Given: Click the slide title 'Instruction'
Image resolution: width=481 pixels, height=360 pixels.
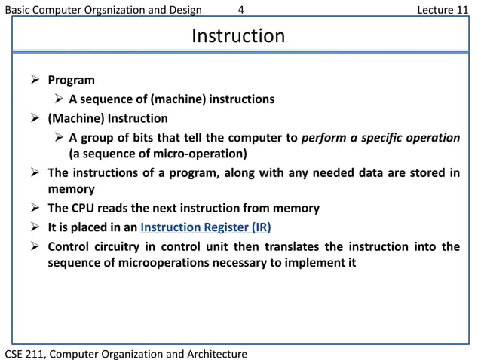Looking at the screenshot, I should [x=238, y=36].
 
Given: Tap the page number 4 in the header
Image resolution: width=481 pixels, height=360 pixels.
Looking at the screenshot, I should [x=240, y=10].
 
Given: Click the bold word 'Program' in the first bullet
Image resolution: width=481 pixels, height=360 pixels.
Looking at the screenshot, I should [x=72, y=80].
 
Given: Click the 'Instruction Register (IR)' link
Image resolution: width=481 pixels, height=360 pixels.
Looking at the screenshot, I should [x=206, y=227].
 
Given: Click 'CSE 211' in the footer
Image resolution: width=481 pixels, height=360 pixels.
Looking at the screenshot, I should [x=26, y=352].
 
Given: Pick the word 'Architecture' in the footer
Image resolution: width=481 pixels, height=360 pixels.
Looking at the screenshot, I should [x=214, y=352].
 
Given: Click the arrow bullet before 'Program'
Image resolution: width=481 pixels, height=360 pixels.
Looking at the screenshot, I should [x=35, y=80].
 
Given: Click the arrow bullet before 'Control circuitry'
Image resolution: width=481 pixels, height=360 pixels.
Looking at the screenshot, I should [x=35, y=246].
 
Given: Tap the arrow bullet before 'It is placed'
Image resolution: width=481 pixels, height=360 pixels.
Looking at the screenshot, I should [x=35, y=227].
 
